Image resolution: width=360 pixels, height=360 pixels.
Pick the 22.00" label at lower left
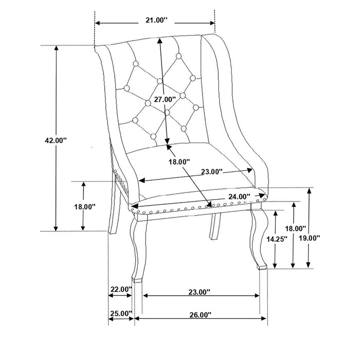coord(121,290)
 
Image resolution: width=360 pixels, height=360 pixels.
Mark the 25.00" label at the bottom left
coord(121,313)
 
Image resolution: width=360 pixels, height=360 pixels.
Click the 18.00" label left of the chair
coord(84,206)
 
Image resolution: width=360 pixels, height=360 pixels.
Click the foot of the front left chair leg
coord(137,280)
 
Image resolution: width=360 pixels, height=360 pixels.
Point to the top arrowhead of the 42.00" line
coord(56,48)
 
